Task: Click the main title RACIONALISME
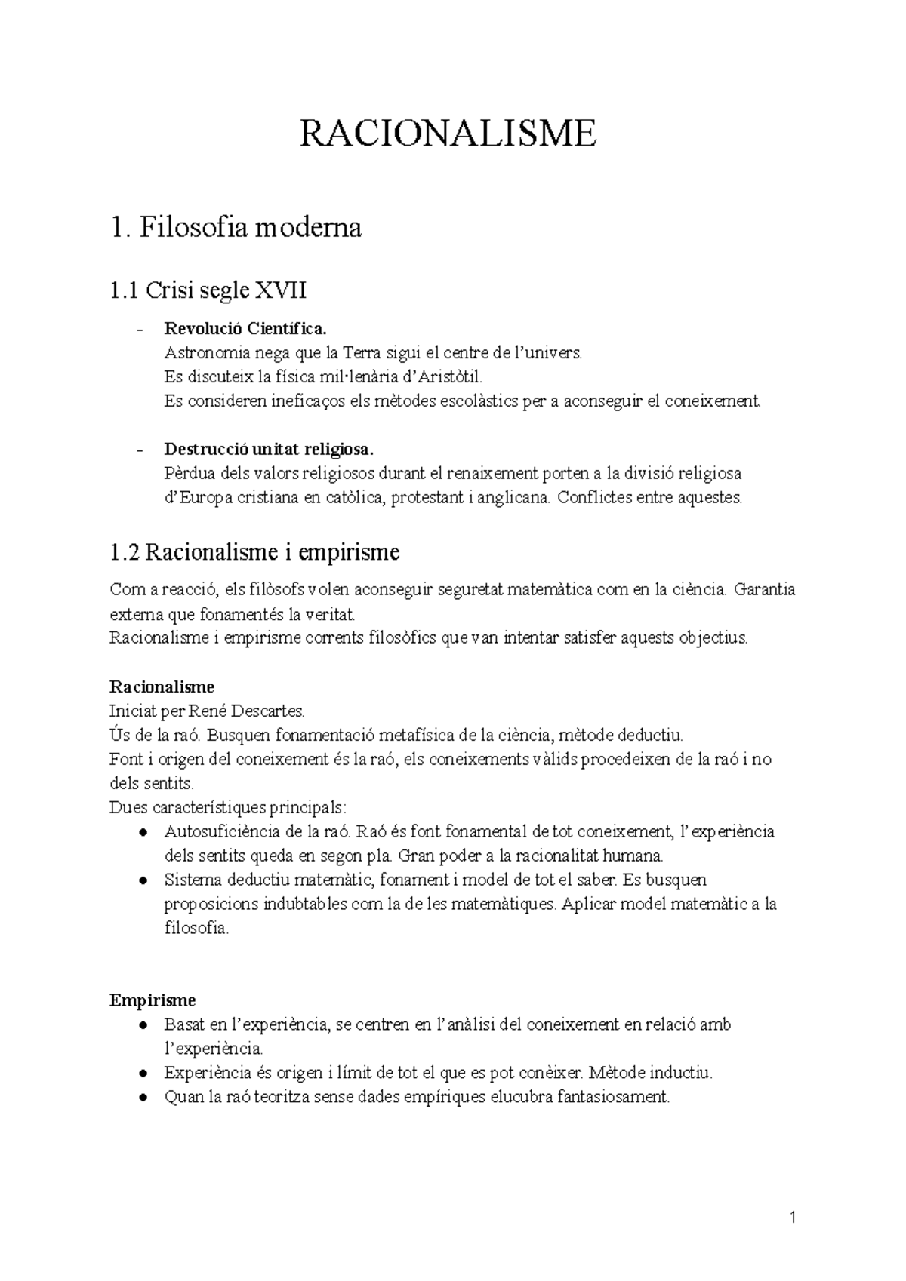coord(448,134)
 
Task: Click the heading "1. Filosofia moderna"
coord(236,227)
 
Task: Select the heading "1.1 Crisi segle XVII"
coord(208,290)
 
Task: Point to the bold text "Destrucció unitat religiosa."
coord(269,450)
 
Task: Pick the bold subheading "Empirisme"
coord(153,1000)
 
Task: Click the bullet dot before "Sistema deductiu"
coord(143,880)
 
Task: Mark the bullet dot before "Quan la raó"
coord(143,1098)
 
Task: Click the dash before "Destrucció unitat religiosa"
coord(139,451)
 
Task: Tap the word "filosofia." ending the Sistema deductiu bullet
coord(196,928)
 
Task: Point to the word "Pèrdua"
coord(187,474)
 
